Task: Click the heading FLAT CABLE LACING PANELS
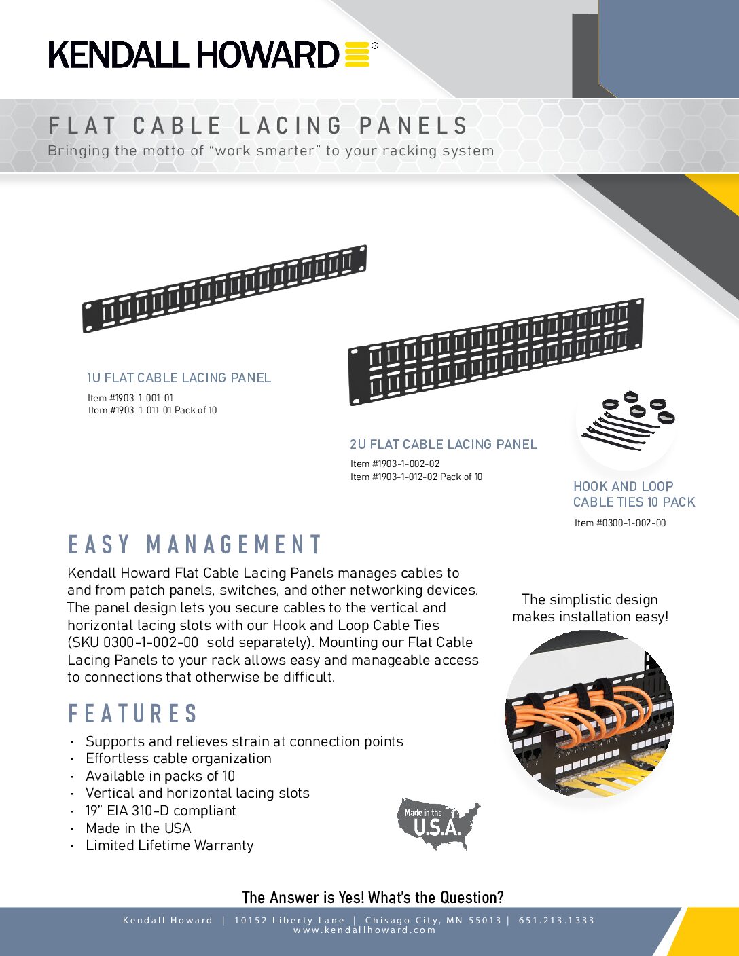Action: [x=258, y=126]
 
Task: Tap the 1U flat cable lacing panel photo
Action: [x=224, y=289]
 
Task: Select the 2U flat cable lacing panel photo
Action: [x=496, y=351]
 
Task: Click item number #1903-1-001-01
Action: [x=130, y=398]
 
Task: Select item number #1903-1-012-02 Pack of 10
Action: [x=416, y=477]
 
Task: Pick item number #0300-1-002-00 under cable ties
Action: [x=620, y=523]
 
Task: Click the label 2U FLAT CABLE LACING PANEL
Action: [x=444, y=445]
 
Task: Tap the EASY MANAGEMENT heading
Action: [x=195, y=545]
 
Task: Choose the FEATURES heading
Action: [x=133, y=714]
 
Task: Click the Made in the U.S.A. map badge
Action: [x=438, y=824]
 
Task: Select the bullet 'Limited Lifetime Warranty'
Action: [x=169, y=845]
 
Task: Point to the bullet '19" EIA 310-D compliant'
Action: [x=160, y=811]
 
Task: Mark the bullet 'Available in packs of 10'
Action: [x=160, y=776]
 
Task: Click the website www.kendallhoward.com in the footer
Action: [x=365, y=930]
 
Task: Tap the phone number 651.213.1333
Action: [x=556, y=920]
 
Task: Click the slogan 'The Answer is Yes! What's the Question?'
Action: [x=373, y=898]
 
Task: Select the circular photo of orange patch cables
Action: [x=590, y=713]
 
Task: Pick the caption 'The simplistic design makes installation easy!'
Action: [x=590, y=608]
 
